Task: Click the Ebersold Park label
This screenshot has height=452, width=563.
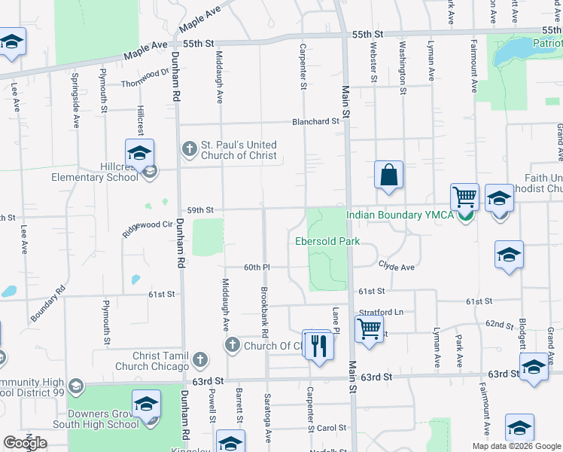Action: [327, 241]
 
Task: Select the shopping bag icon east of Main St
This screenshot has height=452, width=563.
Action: [388, 176]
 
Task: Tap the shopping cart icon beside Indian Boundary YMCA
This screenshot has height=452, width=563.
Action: [465, 198]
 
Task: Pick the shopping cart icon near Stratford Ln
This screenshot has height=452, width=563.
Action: [369, 329]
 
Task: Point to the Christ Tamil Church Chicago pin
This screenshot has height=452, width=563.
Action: [199, 360]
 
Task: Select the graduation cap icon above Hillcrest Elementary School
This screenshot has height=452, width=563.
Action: [139, 153]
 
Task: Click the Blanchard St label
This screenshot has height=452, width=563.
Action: [316, 121]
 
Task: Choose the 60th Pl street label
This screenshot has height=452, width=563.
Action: [256, 267]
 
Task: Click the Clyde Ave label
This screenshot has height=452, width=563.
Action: [396, 267]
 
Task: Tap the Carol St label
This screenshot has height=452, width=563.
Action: [330, 427]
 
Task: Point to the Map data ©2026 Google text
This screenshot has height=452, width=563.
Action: [516, 446]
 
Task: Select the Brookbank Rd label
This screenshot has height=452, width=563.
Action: [263, 312]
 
